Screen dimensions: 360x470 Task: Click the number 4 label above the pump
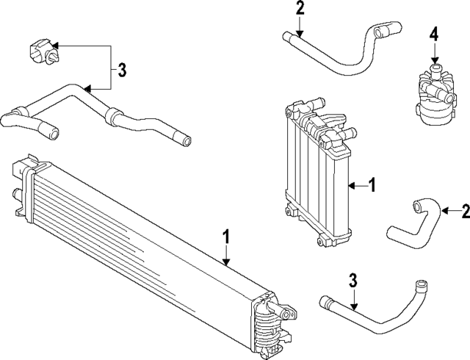click(434, 34)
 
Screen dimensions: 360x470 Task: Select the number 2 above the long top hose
click(299, 9)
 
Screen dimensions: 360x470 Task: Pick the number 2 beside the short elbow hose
click(464, 212)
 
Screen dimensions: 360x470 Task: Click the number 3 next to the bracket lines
click(122, 71)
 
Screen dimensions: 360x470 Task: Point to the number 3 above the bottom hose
click(352, 280)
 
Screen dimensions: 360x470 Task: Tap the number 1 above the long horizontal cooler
click(227, 237)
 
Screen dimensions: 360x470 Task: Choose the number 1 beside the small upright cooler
click(372, 186)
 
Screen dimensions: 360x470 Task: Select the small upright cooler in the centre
click(316, 173)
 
